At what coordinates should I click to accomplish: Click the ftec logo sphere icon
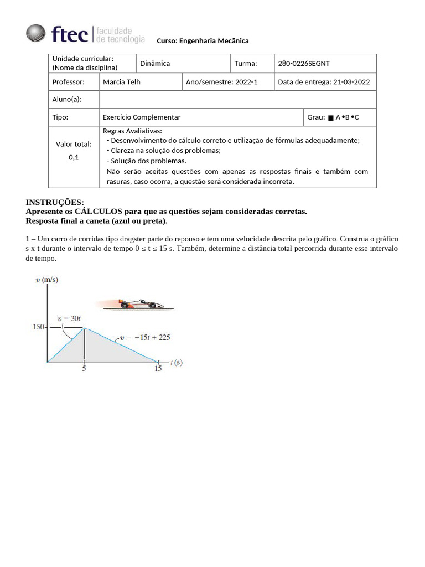(x=36, y=33)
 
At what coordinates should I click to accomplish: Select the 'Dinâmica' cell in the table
(x=155, y=64)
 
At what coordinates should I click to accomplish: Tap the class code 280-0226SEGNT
(x=304, y=64)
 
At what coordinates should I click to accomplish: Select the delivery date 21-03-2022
(x=351, y=82)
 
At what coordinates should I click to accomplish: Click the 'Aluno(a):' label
(x=67, y=99)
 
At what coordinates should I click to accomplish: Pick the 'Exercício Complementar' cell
(x=142, y=117)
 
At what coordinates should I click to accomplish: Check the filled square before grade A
(x=330, y=118)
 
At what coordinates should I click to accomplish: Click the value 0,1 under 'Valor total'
(x=74, y=157)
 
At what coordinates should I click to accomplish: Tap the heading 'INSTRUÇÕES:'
(x=55, y=202)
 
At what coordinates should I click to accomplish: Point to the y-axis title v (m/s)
(x=46, y=280)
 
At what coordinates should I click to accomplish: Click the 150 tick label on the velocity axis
(x=38, y=327)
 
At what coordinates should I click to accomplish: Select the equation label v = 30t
(x=69, y=318)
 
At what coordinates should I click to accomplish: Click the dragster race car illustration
(x=141, y=303)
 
